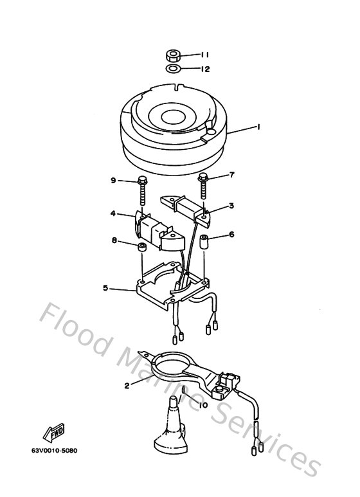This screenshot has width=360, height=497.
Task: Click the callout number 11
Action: tap(204, 55)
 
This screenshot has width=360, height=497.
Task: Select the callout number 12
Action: tap(204, 69)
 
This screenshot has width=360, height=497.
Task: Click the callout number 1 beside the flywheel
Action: tap(258, 127)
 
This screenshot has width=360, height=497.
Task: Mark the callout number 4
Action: tap(113, 213)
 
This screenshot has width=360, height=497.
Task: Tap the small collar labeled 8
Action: tap(143, 248)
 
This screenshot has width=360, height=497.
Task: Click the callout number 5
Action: tap(105, 288)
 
